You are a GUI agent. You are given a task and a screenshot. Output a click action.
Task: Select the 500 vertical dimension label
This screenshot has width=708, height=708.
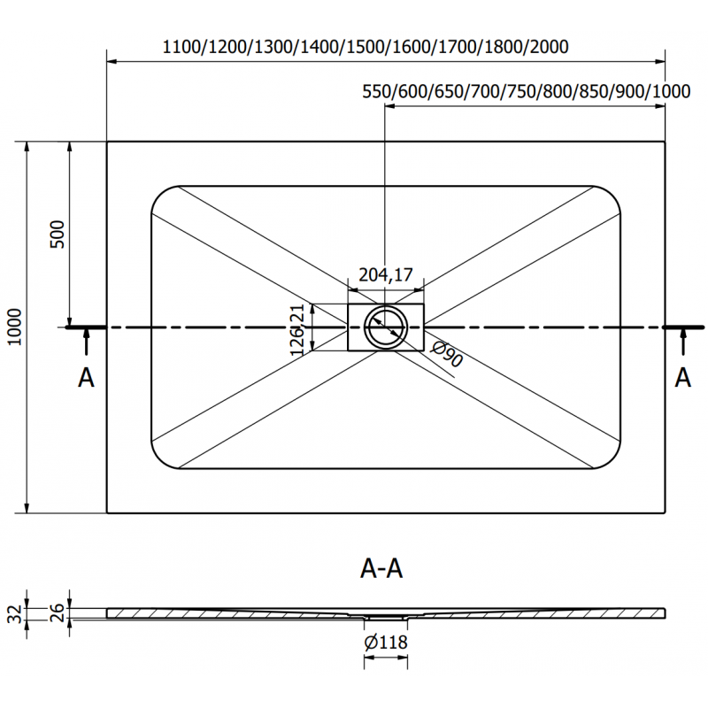[58, 234]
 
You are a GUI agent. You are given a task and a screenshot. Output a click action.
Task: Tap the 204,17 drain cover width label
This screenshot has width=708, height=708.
[386, 275]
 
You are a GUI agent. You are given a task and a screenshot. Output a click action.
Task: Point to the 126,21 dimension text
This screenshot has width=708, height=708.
[299, 327]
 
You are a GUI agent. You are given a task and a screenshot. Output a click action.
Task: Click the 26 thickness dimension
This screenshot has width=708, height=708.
[55, 610]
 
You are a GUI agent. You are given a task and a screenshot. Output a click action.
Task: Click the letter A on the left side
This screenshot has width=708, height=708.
[86, 378]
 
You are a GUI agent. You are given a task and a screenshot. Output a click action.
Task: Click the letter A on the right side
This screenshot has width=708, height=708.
[682, 378]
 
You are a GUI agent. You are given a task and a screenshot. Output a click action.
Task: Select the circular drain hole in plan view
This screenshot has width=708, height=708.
[386, 327]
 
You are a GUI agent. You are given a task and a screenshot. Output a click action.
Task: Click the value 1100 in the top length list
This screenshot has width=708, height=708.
[183, 47]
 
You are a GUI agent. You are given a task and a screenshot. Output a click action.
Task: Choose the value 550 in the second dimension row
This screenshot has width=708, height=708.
[377, 91]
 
